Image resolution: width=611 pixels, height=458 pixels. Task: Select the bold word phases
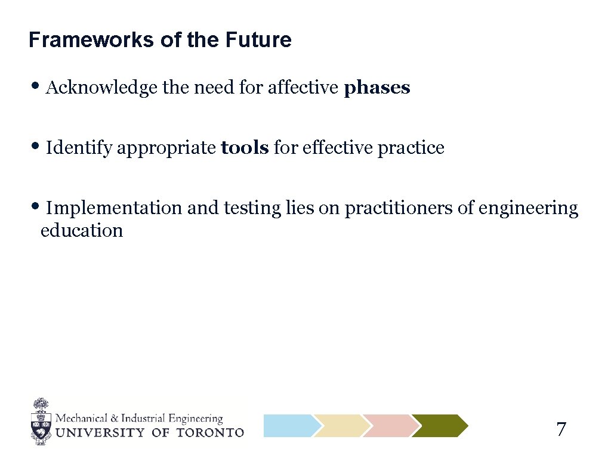click(377, 88)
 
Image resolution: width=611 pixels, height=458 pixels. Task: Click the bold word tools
click(245, 148)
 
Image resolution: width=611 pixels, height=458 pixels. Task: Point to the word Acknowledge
click(102, 88)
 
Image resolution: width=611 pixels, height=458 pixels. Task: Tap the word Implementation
click(114, 208)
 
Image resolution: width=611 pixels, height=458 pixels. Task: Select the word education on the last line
click(81, 231)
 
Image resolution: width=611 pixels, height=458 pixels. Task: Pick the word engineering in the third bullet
click(528, 209)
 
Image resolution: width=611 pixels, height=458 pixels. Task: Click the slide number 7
click(561, 429)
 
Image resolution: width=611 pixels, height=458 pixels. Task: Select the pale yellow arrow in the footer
click(340, 426)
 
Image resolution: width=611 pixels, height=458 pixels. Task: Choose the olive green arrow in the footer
click(439, 426)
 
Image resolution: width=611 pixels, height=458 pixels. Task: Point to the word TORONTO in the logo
click(210, 432)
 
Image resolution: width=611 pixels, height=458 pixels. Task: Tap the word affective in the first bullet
click(303, 88)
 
